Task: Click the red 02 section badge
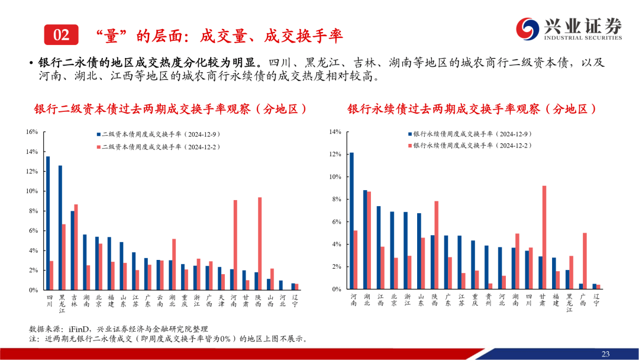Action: [x=61, y=35]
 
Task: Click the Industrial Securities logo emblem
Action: [x=526, y=28]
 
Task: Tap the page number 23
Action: [x=605, y=353]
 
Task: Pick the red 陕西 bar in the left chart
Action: [x=260, y=244]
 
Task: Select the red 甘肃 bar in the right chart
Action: [x=544, y=237]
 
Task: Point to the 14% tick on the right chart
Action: [x=335, y=131]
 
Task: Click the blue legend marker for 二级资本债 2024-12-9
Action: [x=98, y=134]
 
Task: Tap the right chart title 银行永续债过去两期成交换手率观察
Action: [x=471, y=110]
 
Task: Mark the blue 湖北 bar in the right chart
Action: [x=365, y=240]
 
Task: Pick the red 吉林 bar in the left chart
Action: [x=76, y=247]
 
